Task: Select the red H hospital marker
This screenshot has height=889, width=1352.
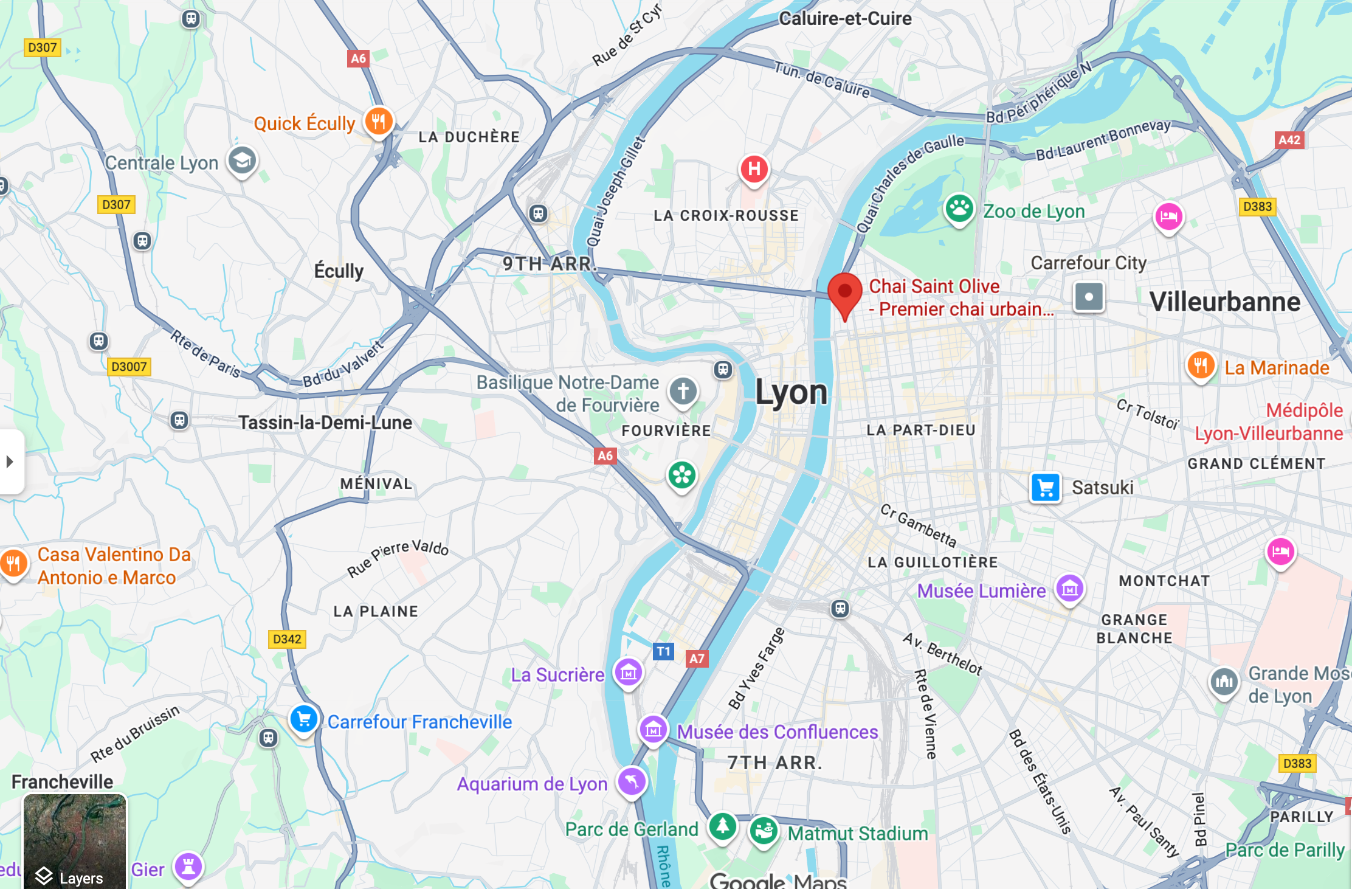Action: [754, 168]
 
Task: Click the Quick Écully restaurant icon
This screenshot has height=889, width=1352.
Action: [378, 121]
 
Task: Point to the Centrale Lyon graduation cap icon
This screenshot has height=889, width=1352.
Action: [242, 161]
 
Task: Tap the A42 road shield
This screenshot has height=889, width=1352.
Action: [1289, 140]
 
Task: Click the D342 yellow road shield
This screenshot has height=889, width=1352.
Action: [287, 639]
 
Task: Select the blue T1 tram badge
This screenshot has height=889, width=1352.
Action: [663, 651]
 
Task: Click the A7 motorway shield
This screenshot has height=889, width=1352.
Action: [697, 659]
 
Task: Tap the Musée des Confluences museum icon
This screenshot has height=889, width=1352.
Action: [654, 729]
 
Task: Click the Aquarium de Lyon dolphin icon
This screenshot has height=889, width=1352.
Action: [632, 781]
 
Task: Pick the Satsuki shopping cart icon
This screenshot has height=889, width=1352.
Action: [1046, 488]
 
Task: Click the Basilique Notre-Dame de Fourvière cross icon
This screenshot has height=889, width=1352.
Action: [683, 391]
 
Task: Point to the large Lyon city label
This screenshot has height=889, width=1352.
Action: [791, 392]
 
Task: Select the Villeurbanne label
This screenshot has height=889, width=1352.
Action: [1224, 302]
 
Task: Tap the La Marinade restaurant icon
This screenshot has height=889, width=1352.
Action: [1201, 366]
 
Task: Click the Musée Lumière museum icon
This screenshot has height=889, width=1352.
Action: [1069, 589]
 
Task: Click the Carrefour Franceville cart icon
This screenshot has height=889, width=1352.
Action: [303, 720]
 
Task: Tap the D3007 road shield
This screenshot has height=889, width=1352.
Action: [129, 367]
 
